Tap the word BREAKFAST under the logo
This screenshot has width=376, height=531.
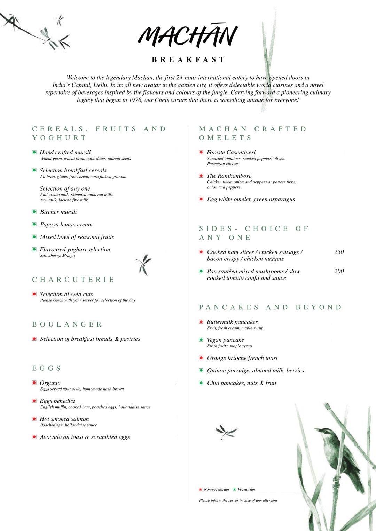coord(188,59)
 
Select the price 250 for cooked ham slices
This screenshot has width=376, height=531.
coord(339,252)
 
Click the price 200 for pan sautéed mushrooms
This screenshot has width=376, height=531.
coord(339,271)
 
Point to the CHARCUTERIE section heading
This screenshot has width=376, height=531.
coord(73,280)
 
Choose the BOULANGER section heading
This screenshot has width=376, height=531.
coord(67,324)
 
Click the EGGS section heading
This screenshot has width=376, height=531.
coord(47,368)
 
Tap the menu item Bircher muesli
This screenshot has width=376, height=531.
coord(58,212)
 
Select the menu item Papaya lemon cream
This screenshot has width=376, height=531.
coord(66,224)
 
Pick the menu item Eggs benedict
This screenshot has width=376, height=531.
coord(57,401)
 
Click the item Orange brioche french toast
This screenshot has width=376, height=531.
coord(242,358)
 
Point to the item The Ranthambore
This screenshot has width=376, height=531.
coord(229,176)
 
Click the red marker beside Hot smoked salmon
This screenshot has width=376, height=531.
coord(34,419)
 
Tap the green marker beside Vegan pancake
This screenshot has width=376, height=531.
coord(201,340)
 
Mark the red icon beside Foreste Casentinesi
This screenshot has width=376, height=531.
coord(201,152)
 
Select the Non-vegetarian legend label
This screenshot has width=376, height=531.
coord(216,489)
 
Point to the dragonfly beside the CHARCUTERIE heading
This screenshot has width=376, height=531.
coord(143,264)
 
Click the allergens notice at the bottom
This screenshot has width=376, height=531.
coord(238,500)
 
